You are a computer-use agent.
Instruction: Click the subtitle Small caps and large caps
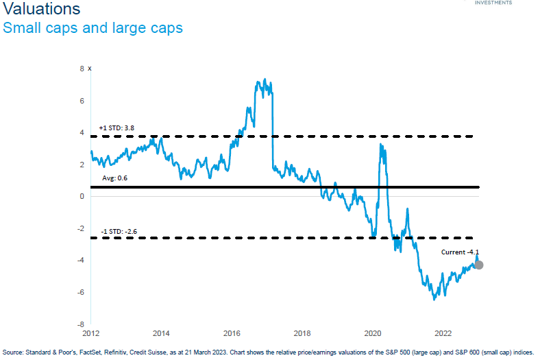click(x=93, y=28)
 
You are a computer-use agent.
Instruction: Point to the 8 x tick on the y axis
click(x=84, y=69)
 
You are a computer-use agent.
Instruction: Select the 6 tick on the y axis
click(x=82, y=101)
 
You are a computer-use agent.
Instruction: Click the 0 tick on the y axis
click(x=82, y=197)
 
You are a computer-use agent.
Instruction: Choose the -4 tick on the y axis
click(x=80, y=261)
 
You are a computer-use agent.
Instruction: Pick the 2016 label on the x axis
click(x=232, y=334)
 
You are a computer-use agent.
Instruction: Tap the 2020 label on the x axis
click(x=373, y=334)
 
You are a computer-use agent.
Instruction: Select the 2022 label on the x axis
click(x=443, y=334)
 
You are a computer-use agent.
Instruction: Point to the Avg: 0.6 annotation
click(x=114, y=178)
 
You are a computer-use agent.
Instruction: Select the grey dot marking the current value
click(x=478, y=265)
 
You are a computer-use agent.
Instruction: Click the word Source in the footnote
click(x=14, y=352)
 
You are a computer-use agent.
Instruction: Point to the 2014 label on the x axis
click(x=161, y=334)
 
